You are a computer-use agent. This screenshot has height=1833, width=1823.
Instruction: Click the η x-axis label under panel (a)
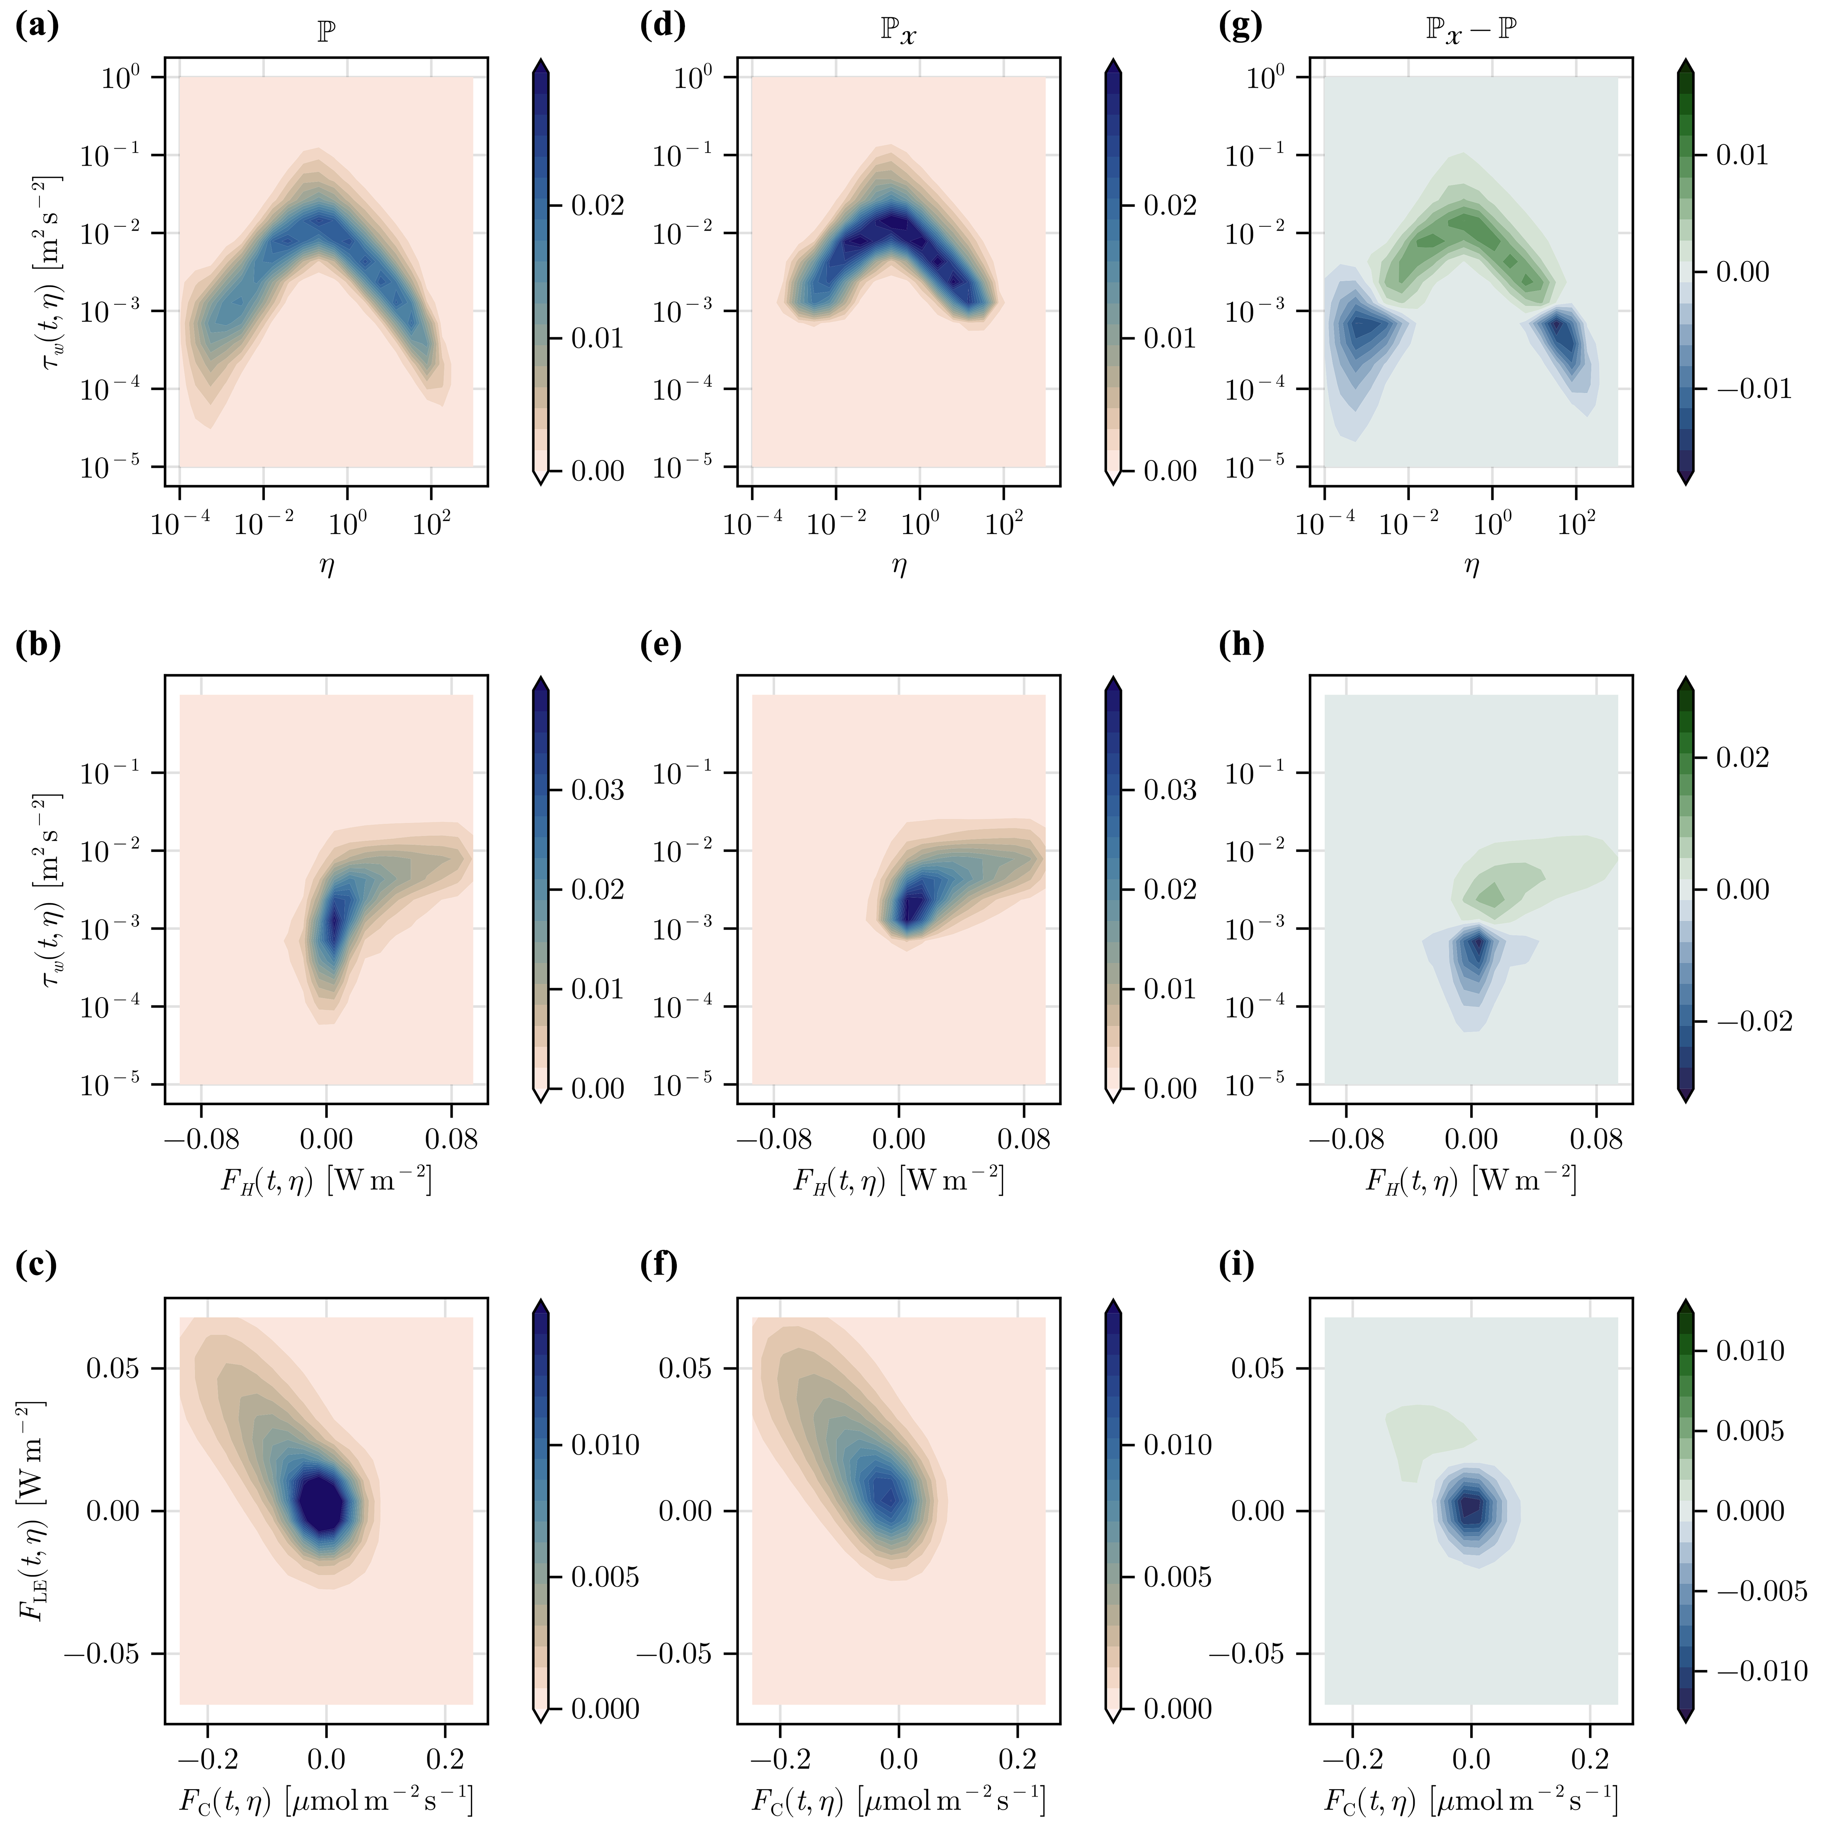(x=326, y=566)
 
